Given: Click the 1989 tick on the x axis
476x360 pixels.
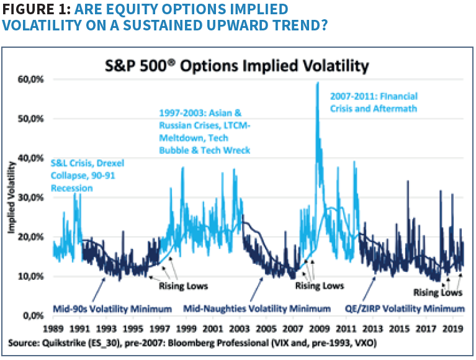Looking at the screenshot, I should coord(54,328).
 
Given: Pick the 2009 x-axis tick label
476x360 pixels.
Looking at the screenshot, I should coord(316,328).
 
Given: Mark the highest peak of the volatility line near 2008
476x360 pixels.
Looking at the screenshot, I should coord(318,83).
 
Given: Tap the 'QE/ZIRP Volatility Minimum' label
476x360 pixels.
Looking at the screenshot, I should coord(405,308).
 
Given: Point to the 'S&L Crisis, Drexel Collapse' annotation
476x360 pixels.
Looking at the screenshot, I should coord(87,176).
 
